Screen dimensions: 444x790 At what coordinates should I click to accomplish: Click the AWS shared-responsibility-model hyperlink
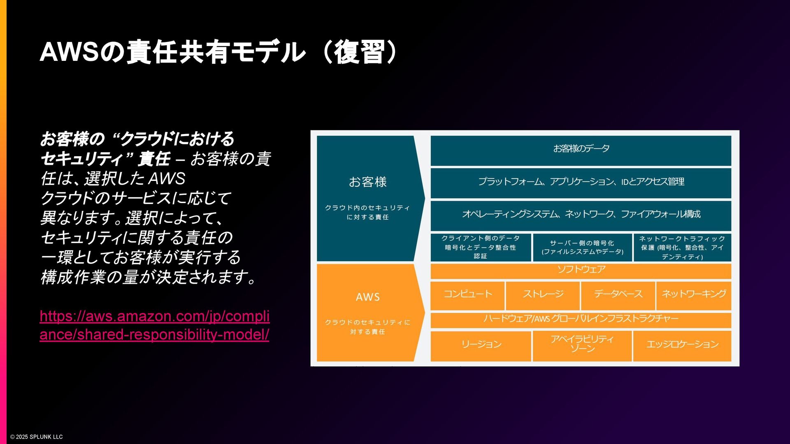154,325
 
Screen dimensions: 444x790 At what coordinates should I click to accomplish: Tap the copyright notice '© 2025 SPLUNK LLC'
37,437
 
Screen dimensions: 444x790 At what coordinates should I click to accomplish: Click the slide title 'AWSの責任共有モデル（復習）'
218,52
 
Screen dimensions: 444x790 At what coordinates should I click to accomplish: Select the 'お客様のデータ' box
581,149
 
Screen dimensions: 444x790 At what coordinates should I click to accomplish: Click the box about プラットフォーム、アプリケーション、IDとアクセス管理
581,182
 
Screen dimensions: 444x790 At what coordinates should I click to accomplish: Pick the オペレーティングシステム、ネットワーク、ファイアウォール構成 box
581,214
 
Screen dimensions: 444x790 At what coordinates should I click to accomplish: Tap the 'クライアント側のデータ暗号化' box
480,247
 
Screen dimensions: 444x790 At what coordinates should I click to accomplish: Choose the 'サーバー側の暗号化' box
582,247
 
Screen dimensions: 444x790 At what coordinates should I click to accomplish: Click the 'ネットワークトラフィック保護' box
682,247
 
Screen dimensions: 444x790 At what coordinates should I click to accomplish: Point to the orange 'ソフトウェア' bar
581,270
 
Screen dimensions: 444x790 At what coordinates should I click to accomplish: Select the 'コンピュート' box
467,294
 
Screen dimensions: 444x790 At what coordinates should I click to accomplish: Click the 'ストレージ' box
543,294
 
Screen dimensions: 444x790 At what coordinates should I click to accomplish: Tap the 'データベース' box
618,294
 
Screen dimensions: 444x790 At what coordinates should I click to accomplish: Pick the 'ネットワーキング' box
694,294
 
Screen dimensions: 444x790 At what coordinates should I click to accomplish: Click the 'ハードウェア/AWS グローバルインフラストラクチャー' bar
581,319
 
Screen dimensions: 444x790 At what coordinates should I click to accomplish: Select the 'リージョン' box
481,345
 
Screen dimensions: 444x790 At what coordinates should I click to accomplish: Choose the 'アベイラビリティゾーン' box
582,345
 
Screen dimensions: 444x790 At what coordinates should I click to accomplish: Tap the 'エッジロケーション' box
682,345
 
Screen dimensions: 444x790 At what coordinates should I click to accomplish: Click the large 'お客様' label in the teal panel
367,182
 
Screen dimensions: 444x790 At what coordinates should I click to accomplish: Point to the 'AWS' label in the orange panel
367,297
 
